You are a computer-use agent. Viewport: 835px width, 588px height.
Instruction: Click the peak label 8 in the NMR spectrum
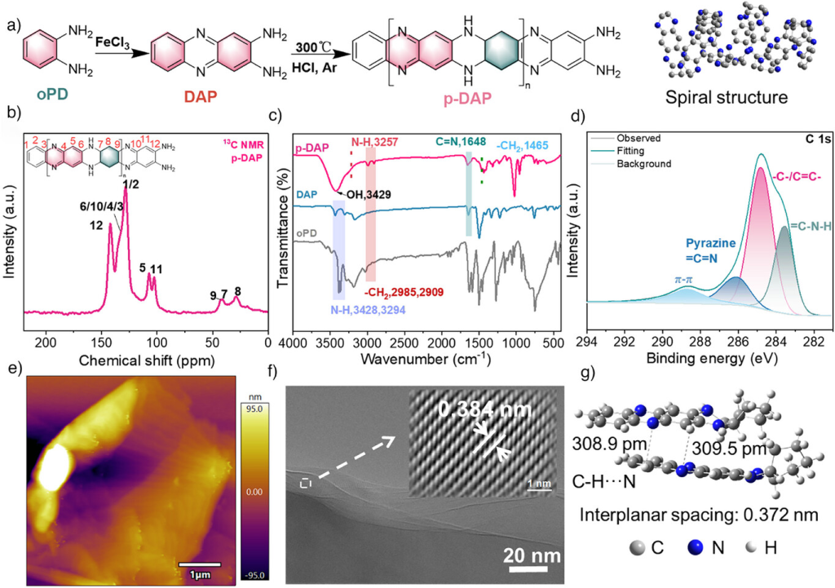pyautogui.click(x=237, y=291)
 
